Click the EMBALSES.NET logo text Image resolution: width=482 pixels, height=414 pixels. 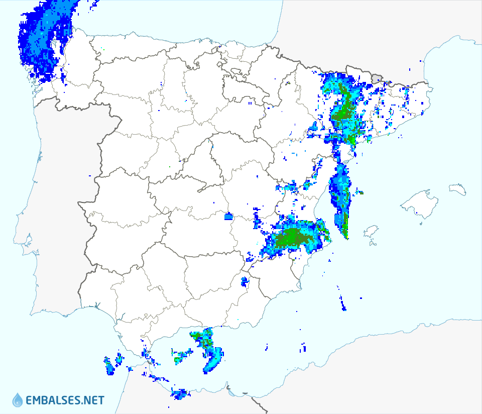pyautogui.click(x=64, y=400)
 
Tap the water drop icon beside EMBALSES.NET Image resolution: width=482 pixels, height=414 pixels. pyautogui.click(x=18, y=400)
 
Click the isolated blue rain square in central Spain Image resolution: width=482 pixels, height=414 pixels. pyautogui.click(x=228, y=217)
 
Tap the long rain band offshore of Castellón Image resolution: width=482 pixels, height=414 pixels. pyautogui.click(x=340, y=198)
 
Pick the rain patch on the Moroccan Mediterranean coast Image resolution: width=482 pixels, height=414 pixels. pyautogui.click(x=178, y=393)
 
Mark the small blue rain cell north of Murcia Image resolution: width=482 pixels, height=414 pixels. pyautogui.click(x=245, y=281)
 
